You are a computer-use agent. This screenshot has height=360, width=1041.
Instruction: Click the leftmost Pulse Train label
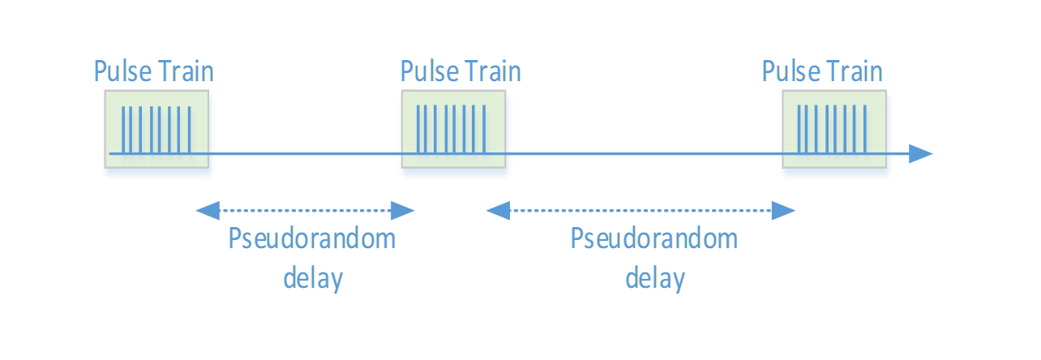pos(154,71)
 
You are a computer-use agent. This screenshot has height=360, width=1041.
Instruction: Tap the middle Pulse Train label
pos(461,71)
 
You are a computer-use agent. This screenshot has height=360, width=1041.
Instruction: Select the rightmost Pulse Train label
pos(822,71)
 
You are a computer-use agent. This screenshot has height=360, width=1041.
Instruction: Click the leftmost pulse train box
pos(158,134)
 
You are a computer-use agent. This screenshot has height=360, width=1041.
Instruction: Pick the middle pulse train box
pos(455,134)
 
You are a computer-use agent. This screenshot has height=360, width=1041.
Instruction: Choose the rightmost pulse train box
pos(835,134)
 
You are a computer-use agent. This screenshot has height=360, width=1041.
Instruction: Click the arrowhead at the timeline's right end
pos(921,153)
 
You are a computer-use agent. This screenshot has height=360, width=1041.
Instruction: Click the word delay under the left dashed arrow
pos(313,278)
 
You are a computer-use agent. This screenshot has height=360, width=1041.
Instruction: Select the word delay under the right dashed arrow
pos(655,278)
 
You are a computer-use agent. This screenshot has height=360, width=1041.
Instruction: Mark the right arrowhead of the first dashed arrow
pos(403,212)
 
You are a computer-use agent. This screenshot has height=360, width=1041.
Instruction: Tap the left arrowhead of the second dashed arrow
pos(497,212)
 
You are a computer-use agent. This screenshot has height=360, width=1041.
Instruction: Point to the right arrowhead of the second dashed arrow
pos(783,212)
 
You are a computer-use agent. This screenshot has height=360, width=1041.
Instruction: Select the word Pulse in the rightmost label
pos(790,71)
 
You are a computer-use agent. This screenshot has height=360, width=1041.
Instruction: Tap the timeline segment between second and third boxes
pos(645,153)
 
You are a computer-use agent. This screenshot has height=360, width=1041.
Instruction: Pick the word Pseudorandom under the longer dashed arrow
pos(654,239)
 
